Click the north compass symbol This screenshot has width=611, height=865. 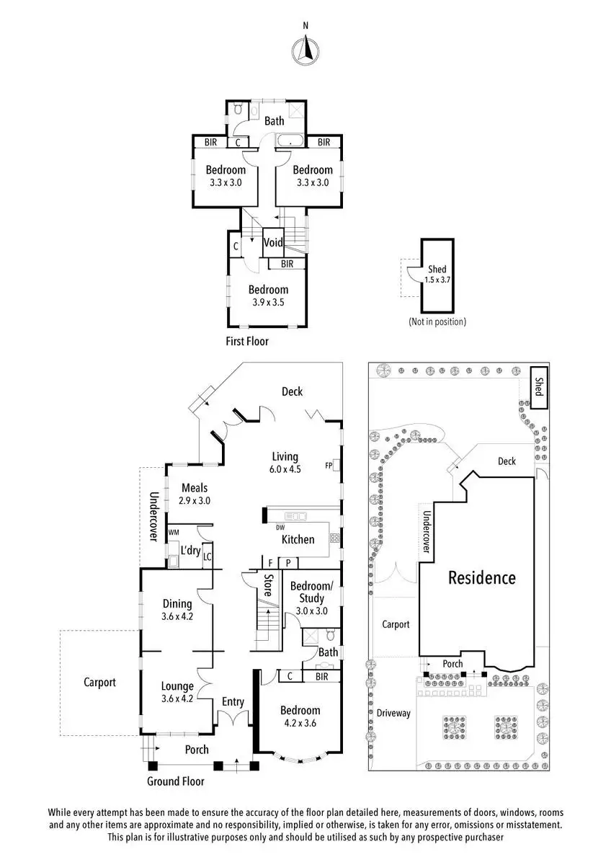[x=305, y=50]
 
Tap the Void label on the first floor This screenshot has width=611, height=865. [x=273, y=242]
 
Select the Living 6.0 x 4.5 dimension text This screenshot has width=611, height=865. [x=285, y=469]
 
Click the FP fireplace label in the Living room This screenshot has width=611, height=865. [x=329, y=466]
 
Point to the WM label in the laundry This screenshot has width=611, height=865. [x=174, y=533]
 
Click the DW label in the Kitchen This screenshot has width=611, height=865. [x=280, y=528]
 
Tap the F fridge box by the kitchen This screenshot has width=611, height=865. [x=270, y=563]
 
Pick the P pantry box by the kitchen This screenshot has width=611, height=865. [x=288, y=563]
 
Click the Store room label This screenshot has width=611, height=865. [x=268, y=586]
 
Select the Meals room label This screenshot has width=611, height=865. [x=195, y=488]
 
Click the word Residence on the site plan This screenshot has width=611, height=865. [x=482, y=577]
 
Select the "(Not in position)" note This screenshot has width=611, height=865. [x=437, y=321]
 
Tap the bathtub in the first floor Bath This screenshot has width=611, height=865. [x=290, y=141]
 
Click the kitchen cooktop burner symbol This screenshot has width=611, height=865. [x=334, y=538]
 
